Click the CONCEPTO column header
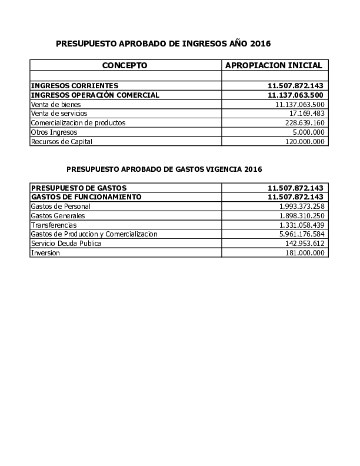[x=125, y=65]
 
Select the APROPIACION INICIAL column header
[x=274, y=65]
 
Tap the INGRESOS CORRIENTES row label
[x=75, y=85]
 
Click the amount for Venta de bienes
[x=300, y=104]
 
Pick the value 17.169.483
[x=307, y=113]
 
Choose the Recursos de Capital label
[x=62, y=141]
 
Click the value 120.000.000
[x=305, y=141]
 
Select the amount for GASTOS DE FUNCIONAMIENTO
[x=296, y=197]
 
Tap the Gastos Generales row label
[x=58, y=216]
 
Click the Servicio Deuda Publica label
[x=66, y=244]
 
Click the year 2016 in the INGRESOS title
[x=260, y=44]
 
